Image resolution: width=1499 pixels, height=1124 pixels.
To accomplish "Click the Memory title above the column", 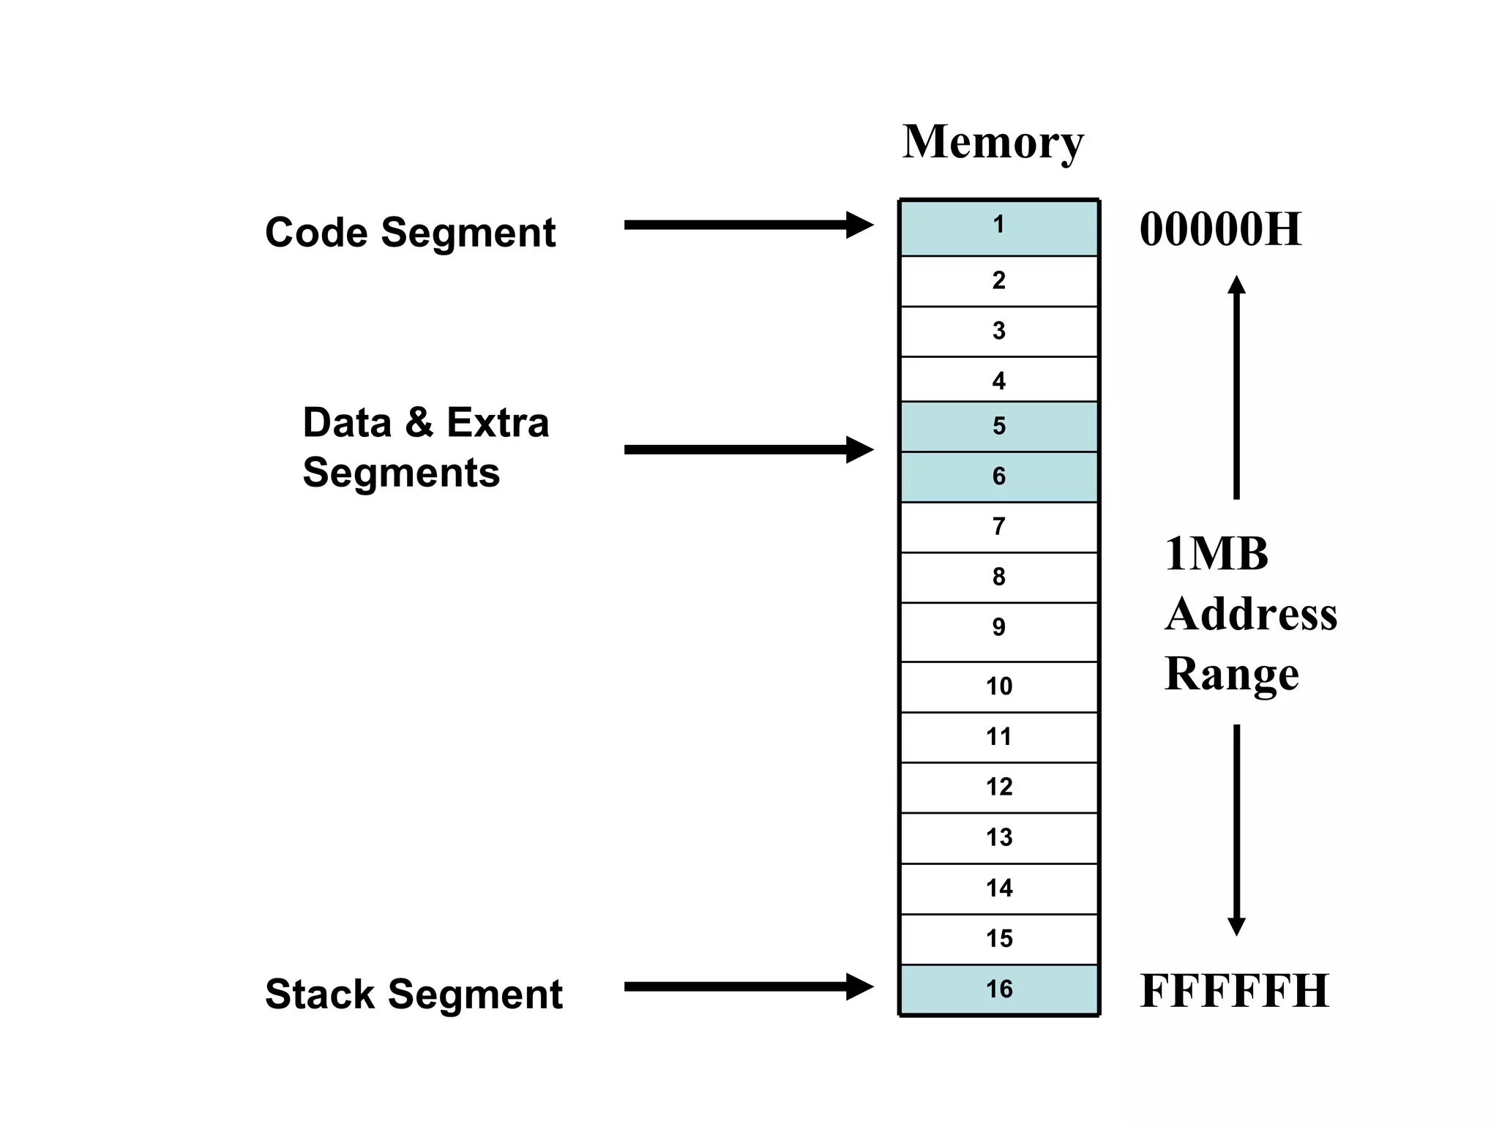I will (993, 142).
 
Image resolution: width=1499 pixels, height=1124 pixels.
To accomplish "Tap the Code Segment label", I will (410, 233).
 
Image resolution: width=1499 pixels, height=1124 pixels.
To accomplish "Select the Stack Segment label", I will (414, 994).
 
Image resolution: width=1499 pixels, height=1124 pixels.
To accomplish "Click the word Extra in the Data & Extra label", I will (498, 423).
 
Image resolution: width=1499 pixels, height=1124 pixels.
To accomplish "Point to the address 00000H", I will (1220, 230).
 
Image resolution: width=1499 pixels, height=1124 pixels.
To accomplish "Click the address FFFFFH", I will (1234, 992).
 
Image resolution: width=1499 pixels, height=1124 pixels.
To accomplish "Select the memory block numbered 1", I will (998, 228).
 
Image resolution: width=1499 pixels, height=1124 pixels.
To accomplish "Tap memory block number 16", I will (998, 989).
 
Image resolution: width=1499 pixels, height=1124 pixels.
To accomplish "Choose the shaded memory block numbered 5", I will (998, 426).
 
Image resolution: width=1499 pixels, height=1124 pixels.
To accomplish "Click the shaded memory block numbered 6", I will (998, 476).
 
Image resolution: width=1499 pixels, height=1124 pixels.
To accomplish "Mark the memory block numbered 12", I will (998, 787).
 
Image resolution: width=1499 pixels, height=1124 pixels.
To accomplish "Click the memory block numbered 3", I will (998, 331).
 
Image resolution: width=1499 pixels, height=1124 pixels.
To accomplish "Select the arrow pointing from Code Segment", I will (747, 225).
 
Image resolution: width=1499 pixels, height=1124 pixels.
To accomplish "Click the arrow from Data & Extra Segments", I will (747, 450).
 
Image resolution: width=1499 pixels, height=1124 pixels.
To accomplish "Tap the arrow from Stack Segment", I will (747, 986).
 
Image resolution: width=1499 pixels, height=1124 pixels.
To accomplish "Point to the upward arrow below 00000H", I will (1236, 388).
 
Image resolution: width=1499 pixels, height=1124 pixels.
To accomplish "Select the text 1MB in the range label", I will (1216, 554).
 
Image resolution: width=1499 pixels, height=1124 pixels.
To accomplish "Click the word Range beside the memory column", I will (1231, 674).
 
